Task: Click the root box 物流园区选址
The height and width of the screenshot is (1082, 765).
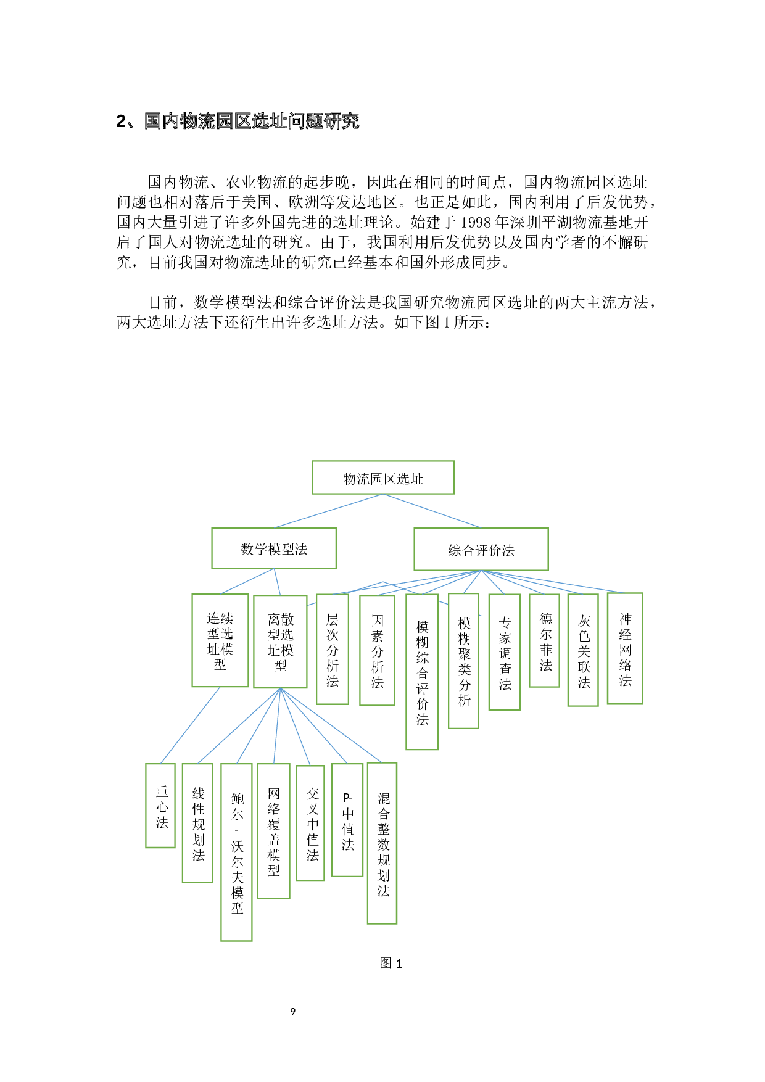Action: tap(382, 477)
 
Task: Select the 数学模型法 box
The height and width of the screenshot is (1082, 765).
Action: tap(274, 548)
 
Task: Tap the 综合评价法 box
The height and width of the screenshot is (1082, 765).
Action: tap(481, 549)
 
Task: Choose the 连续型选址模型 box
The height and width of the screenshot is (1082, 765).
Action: tap(220, 640)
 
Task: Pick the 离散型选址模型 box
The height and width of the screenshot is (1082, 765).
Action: tap(280, 642)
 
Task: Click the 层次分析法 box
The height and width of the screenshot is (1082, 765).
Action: tap(333, 649)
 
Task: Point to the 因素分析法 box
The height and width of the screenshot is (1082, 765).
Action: tap(377, 650)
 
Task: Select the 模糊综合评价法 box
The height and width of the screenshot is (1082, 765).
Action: tap(422, 672)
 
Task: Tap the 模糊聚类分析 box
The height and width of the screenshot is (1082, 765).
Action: tap(464, 661)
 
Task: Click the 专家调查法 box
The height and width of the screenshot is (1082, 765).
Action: tap(505, 652)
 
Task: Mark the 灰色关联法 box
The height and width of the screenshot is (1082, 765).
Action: tap(583, 650)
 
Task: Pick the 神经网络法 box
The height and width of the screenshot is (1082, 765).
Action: tap(625, 648)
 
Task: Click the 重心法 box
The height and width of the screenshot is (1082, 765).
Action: tap(161, 806)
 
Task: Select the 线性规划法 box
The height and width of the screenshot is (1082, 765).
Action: tap(197, 823)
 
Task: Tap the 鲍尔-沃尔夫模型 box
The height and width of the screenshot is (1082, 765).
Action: tap(236, 852)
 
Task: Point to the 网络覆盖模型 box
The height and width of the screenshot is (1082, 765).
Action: tap(273, 830)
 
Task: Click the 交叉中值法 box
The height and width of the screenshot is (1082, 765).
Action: tap(310, 823)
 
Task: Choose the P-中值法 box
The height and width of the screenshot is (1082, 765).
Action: tap(347, 820)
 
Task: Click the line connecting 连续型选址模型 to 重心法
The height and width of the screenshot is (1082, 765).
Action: tap(190, 725)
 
